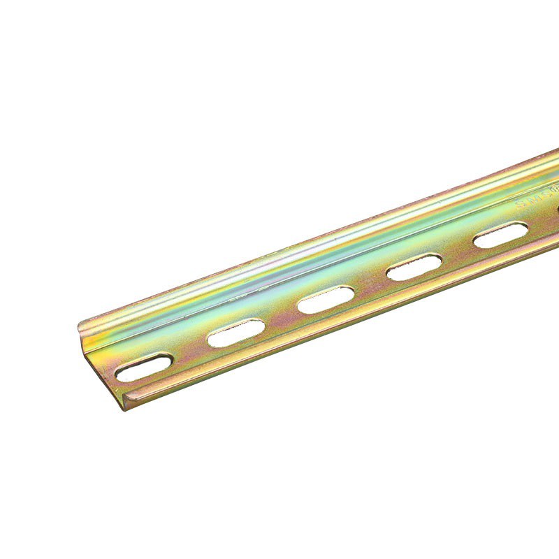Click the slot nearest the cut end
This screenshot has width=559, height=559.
144,368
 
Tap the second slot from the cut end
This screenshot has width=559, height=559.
235,333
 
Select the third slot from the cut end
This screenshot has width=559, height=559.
326,299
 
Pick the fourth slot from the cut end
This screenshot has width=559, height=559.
414,267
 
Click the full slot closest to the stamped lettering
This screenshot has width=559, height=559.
500,235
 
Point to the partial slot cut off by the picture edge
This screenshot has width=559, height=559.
557,208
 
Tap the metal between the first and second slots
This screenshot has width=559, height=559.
190,350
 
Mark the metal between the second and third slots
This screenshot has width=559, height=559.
281,316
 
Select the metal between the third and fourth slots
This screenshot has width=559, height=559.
370,283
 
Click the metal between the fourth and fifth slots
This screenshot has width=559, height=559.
458,251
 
